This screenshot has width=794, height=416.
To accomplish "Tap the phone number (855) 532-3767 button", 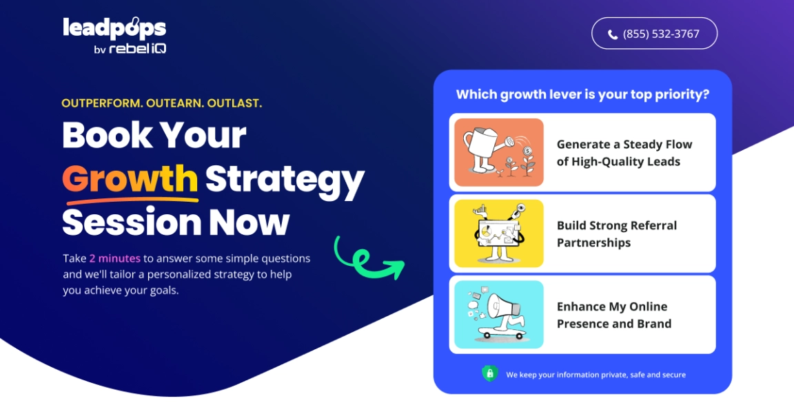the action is click(654, 33).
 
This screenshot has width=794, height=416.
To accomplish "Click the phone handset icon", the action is click(613, 34).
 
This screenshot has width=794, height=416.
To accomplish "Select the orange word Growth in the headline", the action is click(130, 179).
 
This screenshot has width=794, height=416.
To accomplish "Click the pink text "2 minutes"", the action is click(115, 258).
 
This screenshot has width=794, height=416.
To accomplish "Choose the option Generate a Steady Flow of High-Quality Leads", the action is click(582, 152).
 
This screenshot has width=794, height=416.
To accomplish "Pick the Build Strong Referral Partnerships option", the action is click(582, 233).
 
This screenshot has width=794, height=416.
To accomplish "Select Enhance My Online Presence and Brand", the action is click(582, 314).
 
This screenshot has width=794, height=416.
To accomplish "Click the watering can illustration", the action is click(499, 152).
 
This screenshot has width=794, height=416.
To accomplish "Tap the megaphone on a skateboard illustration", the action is click(499, 314).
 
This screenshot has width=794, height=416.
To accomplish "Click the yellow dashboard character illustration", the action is click(499, 233).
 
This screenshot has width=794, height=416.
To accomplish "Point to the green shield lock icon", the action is click(489, 373).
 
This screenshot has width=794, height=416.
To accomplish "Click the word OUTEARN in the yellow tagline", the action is click(174, 103).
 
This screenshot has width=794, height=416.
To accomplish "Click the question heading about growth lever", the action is click(582, 94).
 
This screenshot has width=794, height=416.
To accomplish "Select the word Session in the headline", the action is click(132, 222).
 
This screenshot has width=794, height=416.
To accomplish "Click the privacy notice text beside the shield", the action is click(596, 375).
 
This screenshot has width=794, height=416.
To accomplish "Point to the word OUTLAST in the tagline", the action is click(234, 103).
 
